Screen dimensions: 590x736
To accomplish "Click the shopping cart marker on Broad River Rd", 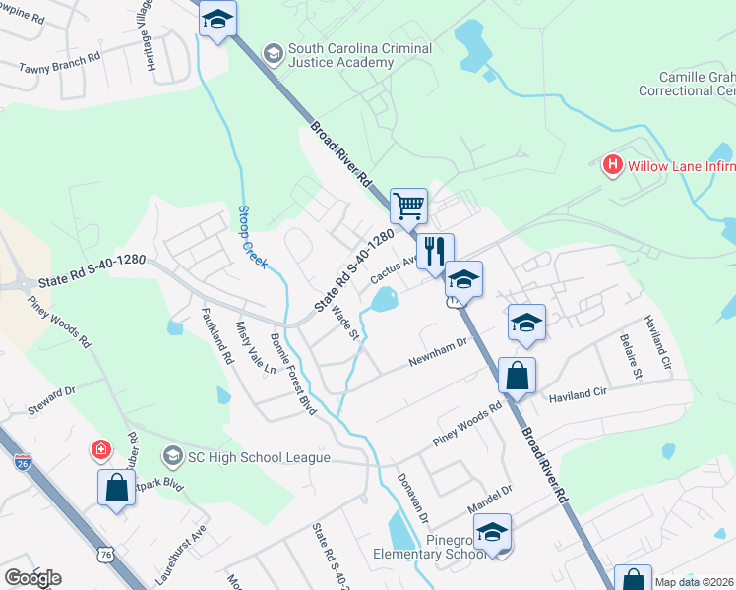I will click(408, 206).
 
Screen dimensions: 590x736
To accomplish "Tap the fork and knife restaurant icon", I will click(435, 251).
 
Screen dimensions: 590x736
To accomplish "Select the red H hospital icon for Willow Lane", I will click(613, 164).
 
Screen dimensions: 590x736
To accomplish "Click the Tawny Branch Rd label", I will click(60, 63).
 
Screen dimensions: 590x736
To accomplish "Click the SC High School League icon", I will click(173, 455).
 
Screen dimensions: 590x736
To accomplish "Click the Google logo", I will click(32, 578).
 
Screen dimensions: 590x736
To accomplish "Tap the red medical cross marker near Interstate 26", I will click(100, 451).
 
